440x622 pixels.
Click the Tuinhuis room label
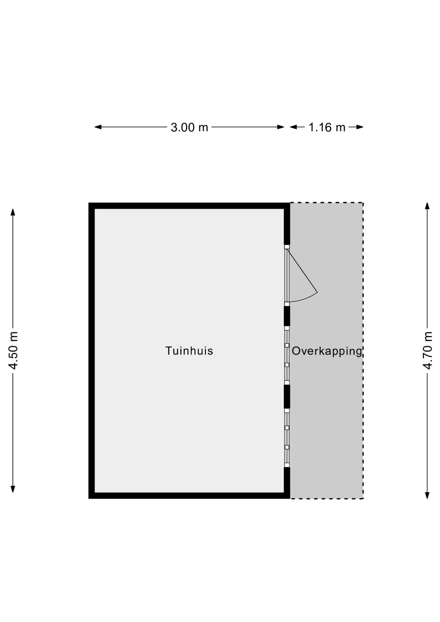tap(189, 351)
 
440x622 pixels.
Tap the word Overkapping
tap(327, 351)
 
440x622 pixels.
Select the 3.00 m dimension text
tap(190, 127)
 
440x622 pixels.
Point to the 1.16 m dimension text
tap(327, 127)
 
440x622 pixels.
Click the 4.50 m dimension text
tap(13, 351)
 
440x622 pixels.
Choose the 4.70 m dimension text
tap(428, 351)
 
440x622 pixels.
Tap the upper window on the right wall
tap(287, 355)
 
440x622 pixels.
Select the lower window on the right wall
tap(287, 438)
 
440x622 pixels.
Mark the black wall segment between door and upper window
tap(287, 316)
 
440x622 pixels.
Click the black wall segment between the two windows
tap(287, 397)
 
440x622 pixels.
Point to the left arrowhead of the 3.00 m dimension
tap(98, 127)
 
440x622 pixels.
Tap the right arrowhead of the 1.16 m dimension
tap(360, 127)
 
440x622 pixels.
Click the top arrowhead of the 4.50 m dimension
tap(13, 212)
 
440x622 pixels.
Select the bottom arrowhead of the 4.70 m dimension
tap(427, 495)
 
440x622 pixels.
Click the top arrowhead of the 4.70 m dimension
tap(427, 206)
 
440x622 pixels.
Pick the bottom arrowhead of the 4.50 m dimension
tap(13, 489)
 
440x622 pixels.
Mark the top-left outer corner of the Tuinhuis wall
tap(89, 203)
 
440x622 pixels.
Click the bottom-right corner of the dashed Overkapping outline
tap(363, 499)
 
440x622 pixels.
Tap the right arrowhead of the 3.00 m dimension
tap(281, 127)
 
